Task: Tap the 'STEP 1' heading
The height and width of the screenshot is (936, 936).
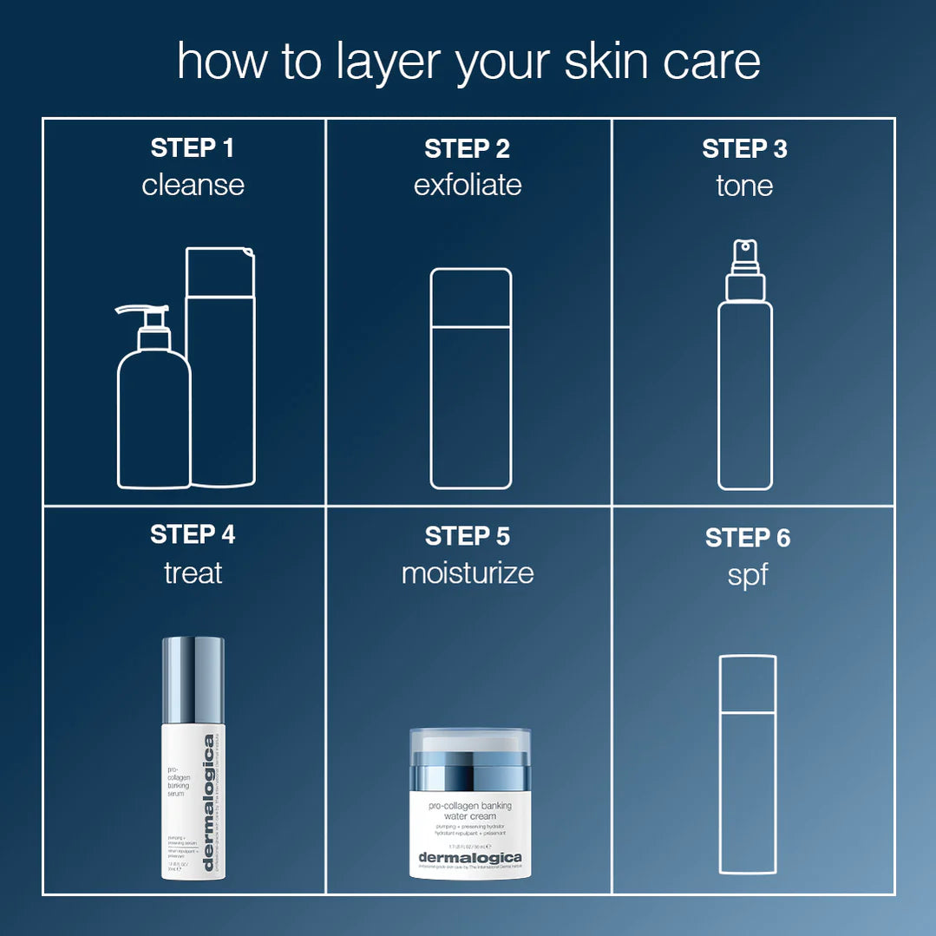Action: (193, 148)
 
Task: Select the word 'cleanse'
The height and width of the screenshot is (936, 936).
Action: (193, 185)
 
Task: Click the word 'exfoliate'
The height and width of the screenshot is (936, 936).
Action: (468, 185)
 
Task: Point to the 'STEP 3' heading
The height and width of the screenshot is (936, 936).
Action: (744, 148)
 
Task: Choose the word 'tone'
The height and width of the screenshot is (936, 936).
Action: (744, 185)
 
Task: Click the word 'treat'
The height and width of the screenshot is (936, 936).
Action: (193, 573)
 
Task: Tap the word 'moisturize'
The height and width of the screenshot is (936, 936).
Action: (468, 573)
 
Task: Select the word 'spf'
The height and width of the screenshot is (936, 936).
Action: (747, 574)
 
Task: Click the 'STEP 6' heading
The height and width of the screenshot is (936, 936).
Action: (747, 538)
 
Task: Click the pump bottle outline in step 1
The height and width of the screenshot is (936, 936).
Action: (154, 416)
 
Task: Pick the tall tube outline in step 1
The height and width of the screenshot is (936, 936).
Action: (223, 382)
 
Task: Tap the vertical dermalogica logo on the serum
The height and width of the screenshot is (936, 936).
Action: (208, 802)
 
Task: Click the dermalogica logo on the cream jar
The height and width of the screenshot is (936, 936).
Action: (470, 858)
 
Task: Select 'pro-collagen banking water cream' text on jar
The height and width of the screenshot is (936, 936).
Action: (470, 810)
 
